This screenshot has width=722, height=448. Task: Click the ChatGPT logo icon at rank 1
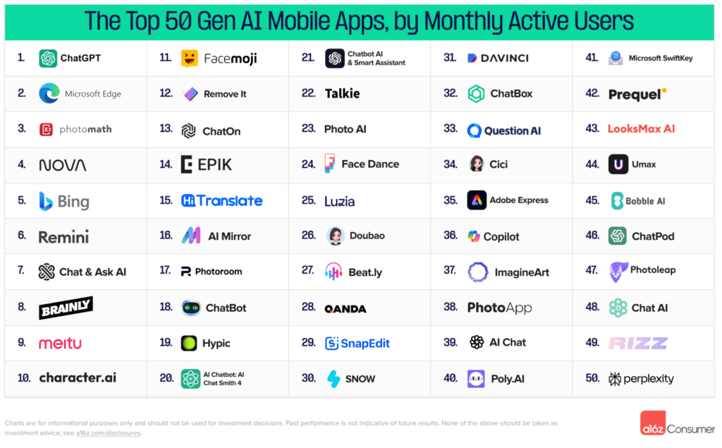(x=48, y=59)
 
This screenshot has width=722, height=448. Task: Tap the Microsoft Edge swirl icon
(x=49, y=93)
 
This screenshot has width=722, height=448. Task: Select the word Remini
(x=63, y=237)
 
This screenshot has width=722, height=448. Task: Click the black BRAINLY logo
(x=66, y=308)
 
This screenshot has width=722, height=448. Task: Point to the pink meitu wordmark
(x=60, y=343)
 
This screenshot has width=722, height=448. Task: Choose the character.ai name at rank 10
(x=78, y=378)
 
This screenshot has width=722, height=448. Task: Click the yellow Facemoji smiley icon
(x=189, y=59)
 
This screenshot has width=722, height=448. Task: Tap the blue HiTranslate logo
(x=221, y=200)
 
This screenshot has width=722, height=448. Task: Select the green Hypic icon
(x=189, y=343)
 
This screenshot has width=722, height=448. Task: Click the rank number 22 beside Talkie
(x=308, y=93)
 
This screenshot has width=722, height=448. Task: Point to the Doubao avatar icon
(x=335, y=236)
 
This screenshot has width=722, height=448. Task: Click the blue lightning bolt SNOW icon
(x=334, y=379)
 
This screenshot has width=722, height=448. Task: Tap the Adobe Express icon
(x=477, y=200)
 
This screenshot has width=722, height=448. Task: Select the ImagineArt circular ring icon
(x=477, y=272)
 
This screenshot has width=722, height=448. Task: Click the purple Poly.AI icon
(x=476, y=379)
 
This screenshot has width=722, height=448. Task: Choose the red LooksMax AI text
(x=641, y=128)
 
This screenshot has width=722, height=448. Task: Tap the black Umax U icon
(x=618, y=164)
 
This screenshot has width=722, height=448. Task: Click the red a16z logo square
(x=652, y=423)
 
